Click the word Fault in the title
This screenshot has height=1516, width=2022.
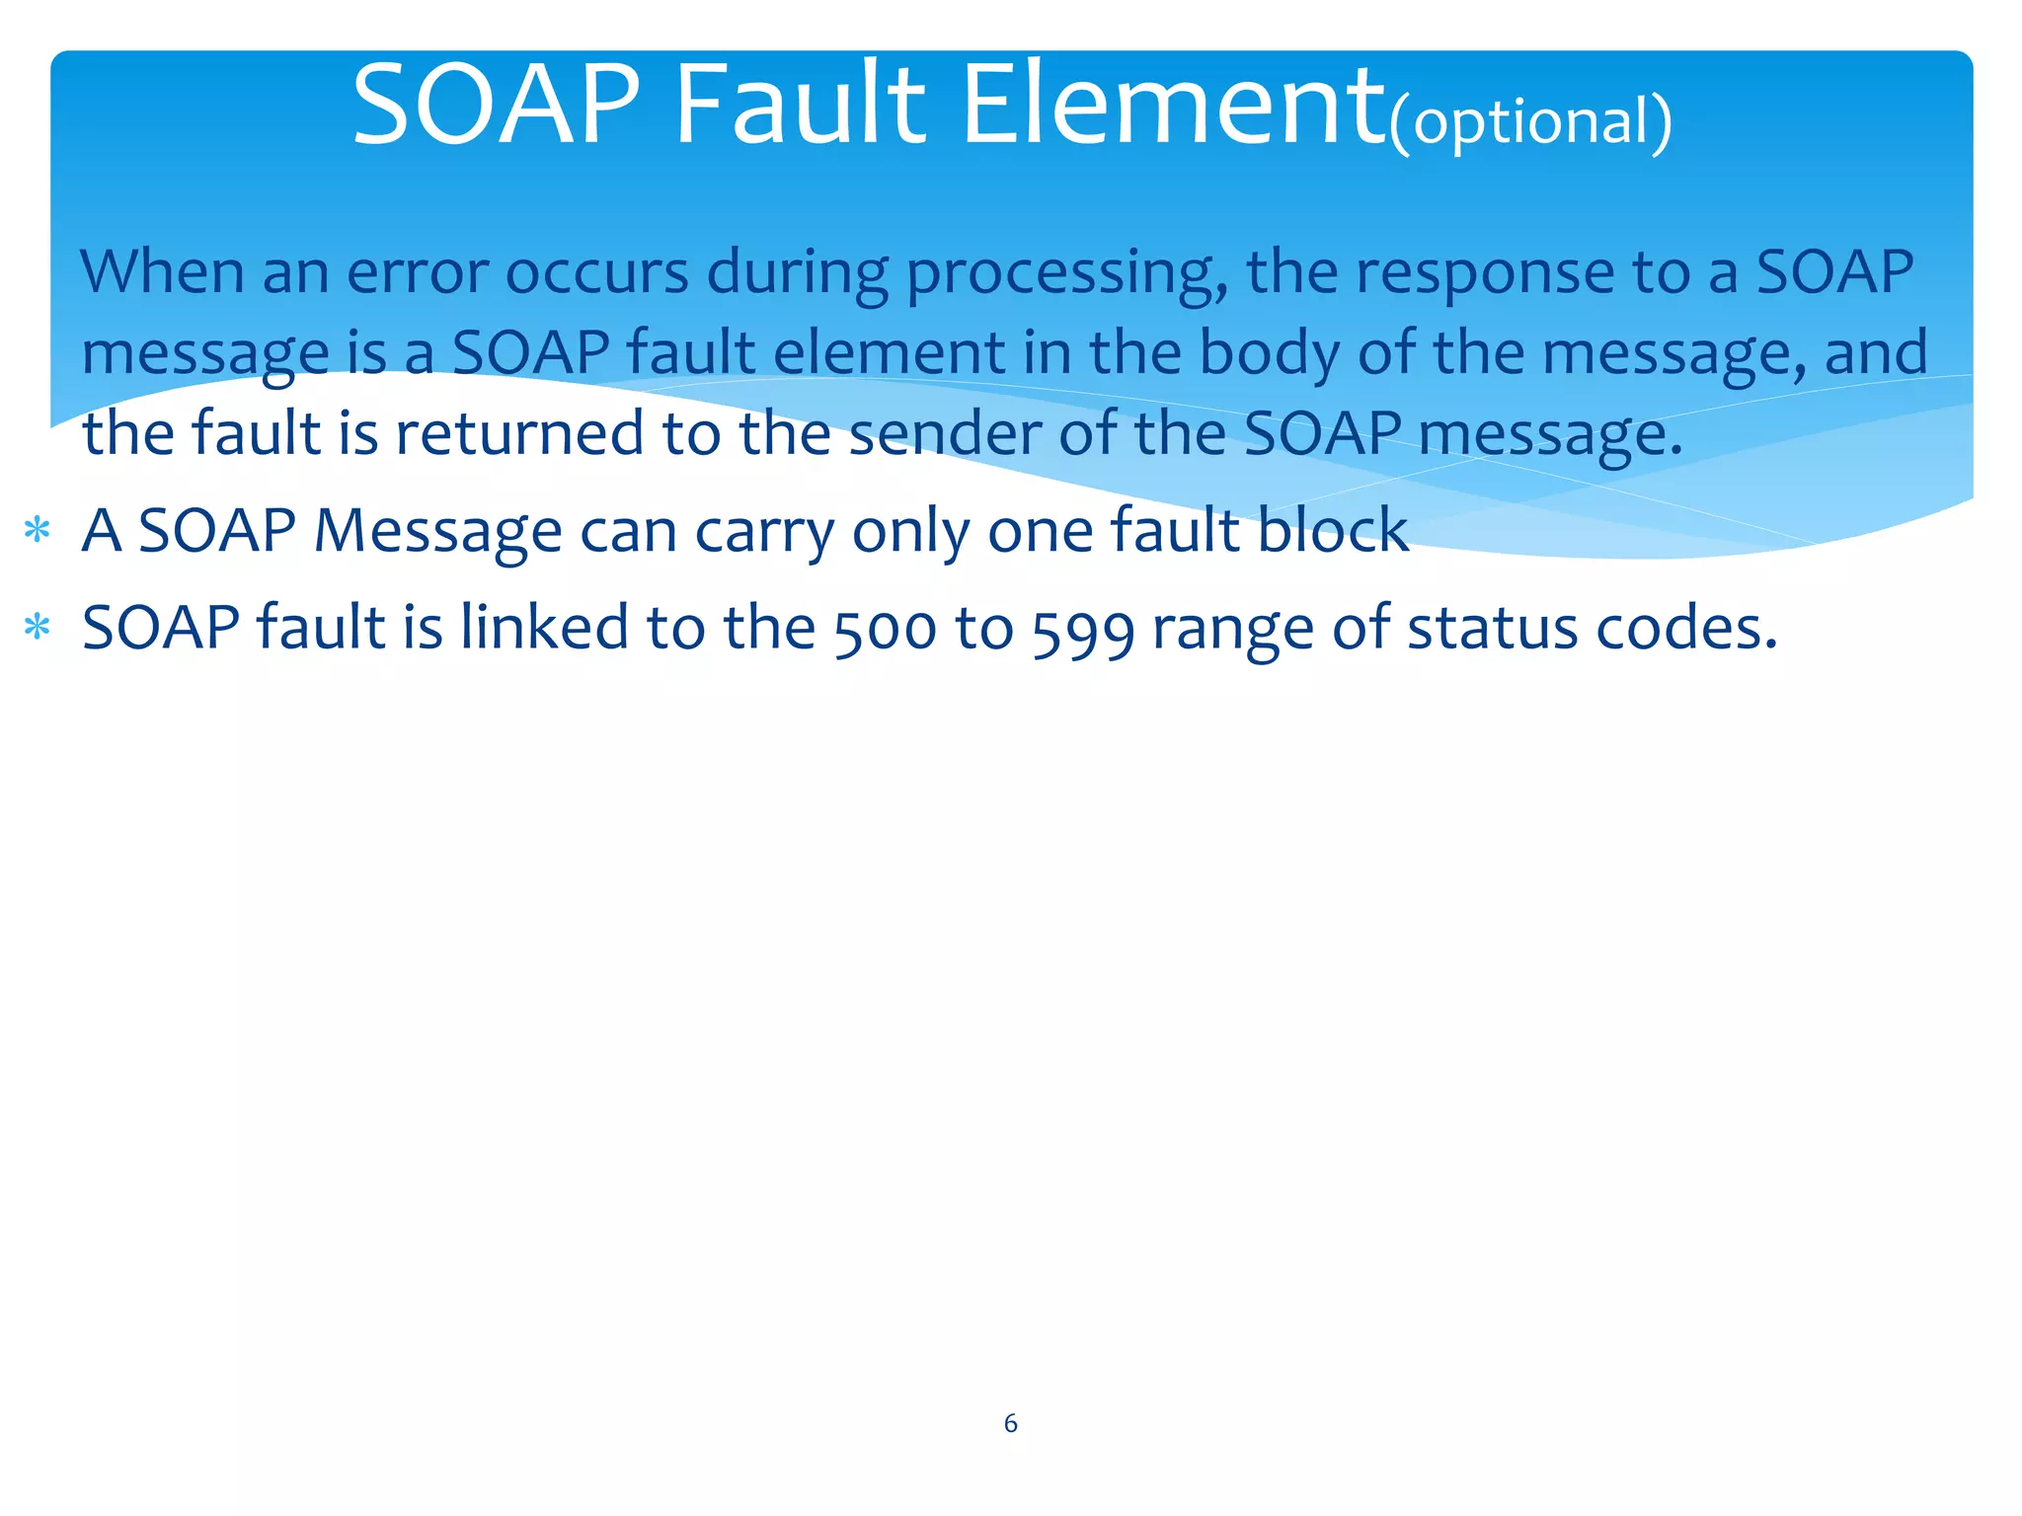(800, 105)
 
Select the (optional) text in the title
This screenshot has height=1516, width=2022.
(1530, 122)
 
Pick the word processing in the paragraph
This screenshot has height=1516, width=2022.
(1066, 274)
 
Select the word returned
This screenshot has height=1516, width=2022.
(519, 433)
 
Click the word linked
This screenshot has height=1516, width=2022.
(544, 628)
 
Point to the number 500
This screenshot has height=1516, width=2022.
(885, 630)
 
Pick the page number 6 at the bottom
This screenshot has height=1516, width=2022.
(1010, 1423)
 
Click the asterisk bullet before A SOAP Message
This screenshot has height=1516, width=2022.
(38, 531)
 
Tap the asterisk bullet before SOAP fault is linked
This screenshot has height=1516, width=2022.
(38, 628)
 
